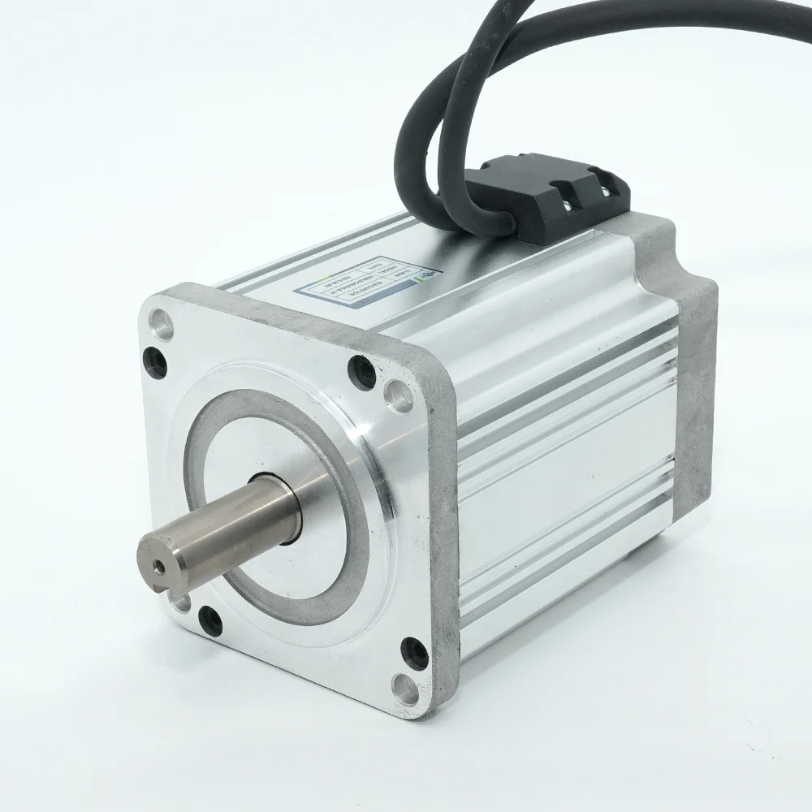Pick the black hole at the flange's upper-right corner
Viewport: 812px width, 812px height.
point(360,370)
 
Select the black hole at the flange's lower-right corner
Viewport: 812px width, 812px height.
point(413,650)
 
